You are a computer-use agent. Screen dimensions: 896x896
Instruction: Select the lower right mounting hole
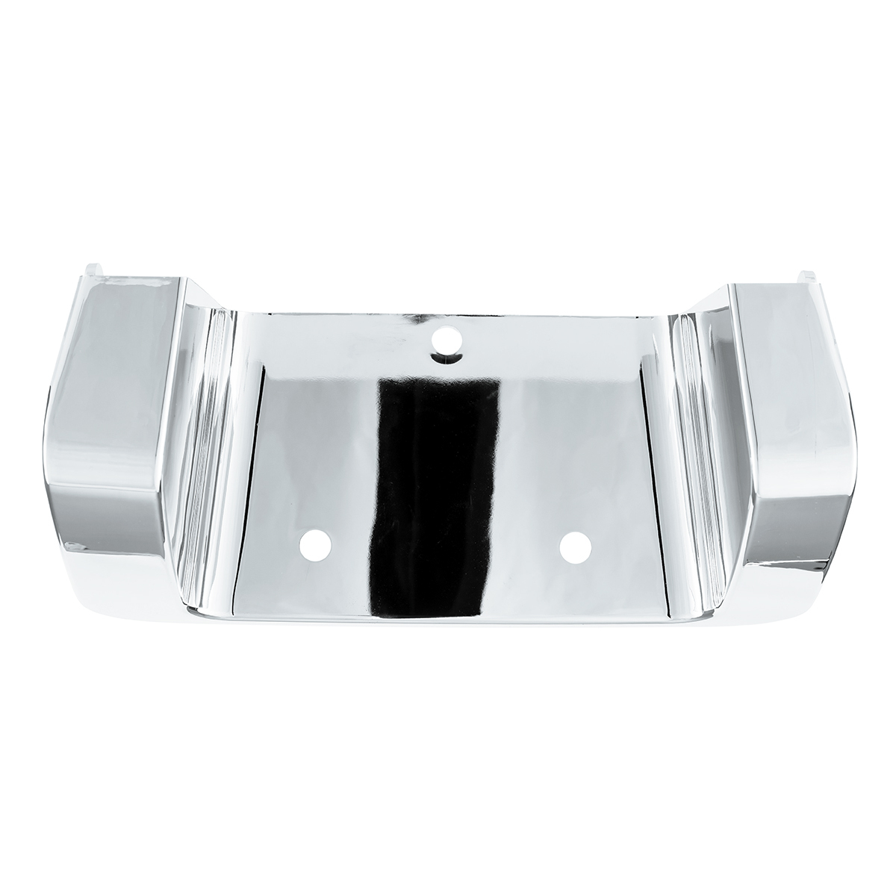click(x=573, y=547)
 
